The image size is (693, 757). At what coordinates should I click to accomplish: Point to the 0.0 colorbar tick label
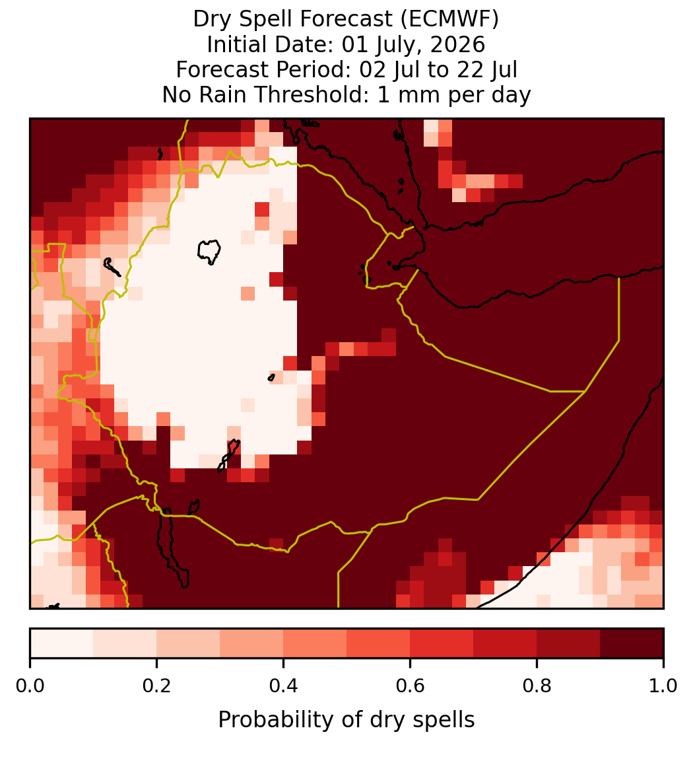30,686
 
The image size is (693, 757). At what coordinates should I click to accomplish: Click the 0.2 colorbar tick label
156,686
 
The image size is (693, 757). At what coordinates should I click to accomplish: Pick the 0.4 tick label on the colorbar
284,686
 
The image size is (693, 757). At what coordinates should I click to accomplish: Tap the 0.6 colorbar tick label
411,686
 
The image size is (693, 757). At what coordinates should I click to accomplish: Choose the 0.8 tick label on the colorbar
537,686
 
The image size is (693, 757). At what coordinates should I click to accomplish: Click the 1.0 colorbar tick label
663,686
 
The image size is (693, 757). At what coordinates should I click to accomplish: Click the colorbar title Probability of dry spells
346,720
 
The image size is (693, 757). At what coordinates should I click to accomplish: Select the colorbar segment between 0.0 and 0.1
62,643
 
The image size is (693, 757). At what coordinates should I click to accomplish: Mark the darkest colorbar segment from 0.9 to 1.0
632,643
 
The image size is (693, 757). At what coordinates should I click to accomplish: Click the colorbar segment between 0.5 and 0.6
379,643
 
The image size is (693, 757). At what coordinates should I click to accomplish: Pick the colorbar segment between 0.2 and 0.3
189,643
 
